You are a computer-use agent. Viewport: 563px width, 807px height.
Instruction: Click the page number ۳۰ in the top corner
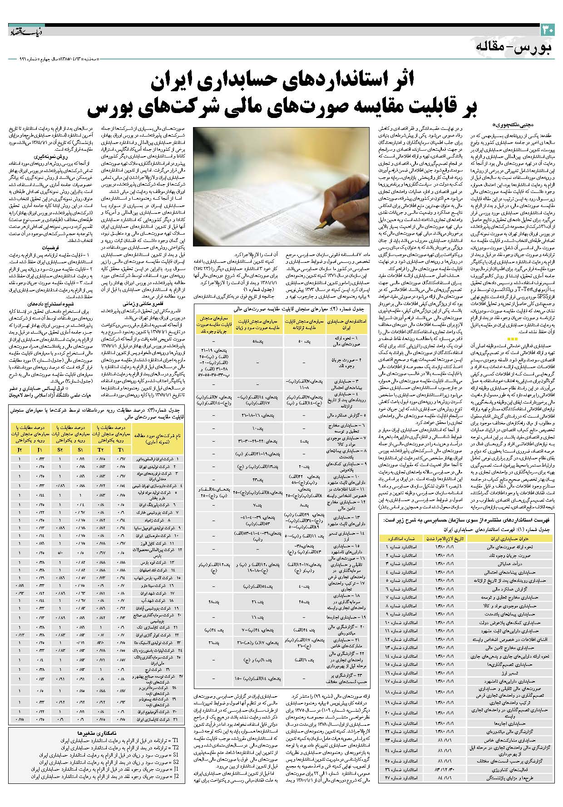tap(547, 30)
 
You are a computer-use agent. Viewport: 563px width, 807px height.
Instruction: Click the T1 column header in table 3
tap(121, 449)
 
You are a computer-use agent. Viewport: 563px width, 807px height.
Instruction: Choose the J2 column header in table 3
tap(20, 449)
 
